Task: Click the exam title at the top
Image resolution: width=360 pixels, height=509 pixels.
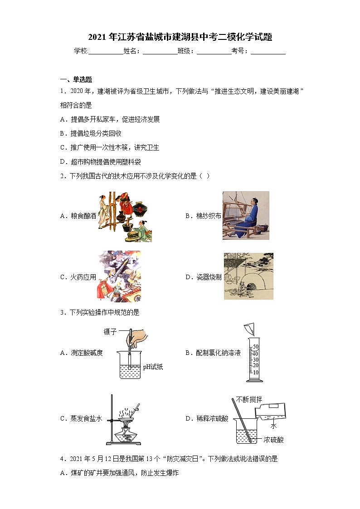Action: tap(180, 37)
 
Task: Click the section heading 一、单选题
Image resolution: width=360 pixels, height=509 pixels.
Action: tap(76, 80)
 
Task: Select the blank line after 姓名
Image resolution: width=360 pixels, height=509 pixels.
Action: tap(160, 52)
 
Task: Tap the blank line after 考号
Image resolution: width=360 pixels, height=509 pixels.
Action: tap(268, 52)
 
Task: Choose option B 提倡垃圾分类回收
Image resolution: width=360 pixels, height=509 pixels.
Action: tap(91, 133)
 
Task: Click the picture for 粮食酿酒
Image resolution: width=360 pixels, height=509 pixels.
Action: tap(124, 216)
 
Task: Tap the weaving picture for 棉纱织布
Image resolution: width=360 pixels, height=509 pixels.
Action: tap(246, 216)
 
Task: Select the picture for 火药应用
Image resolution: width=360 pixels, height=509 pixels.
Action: tap(119, 276)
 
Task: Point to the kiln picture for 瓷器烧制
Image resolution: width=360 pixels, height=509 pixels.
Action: tap(248, 276)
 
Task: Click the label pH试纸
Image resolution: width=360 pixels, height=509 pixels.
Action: tap(153, 367)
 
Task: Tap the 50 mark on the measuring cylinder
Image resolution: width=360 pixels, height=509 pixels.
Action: tap(255, 346)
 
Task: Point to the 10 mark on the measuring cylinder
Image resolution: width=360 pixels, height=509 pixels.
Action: tap(255, 372)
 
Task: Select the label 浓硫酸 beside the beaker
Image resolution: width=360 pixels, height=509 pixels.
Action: tap(273, 439)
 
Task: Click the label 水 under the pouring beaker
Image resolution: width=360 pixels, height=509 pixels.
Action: tap(273, 426)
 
